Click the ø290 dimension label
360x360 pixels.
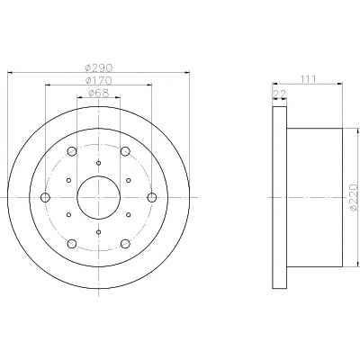tap(99, 68)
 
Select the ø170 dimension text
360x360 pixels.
tap(99, 80)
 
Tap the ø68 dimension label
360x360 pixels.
tap(99, 93)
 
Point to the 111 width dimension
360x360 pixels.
tap(308, 79)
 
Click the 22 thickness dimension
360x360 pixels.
tap(280, 94)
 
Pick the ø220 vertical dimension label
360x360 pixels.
tap(354, 197)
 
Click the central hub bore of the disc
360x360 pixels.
tap(99, 197)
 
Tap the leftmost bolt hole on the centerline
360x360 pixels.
tap(45, 197)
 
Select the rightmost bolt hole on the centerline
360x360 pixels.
tap(152, 197)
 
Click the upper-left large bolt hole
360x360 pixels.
tap(72, 151)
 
